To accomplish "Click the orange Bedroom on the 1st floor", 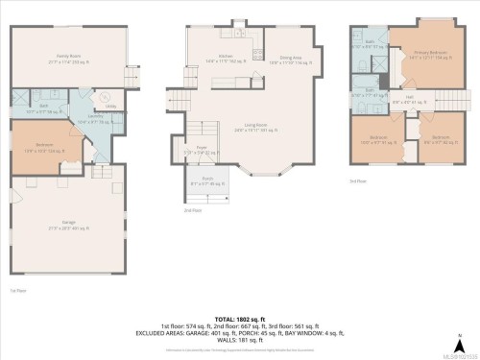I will [x=44, y=146].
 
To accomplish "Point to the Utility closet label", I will [x=111, y=107].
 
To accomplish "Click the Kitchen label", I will [x=226, y=59].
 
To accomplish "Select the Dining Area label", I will [x=292, y=59].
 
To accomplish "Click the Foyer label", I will [x=203, y=149].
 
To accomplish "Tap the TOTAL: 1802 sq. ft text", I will [x=239, y=316].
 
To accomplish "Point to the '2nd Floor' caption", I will [x=193, y=210].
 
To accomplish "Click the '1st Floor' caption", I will [x=18, y=289].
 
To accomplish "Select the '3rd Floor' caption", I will [x=358, y=180].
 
